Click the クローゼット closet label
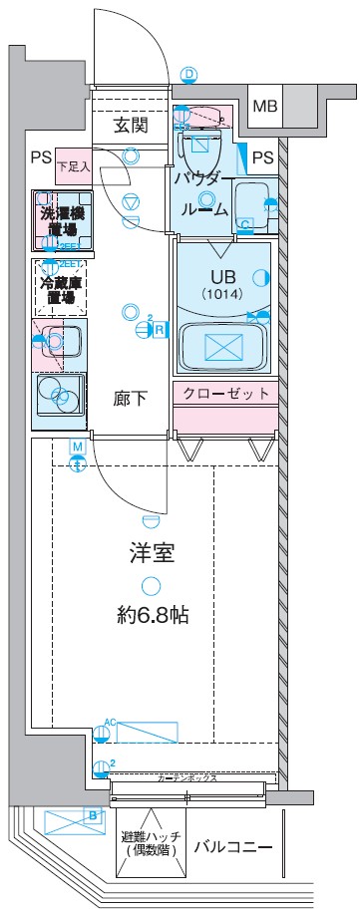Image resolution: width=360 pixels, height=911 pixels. point(225,394)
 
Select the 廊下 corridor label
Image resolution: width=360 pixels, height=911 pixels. point(131,400)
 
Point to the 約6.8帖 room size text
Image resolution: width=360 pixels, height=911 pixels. point(151,615)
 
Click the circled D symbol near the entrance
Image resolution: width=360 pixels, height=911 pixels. point(189,73)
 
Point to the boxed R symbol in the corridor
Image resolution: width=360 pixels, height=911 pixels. point(159,330)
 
